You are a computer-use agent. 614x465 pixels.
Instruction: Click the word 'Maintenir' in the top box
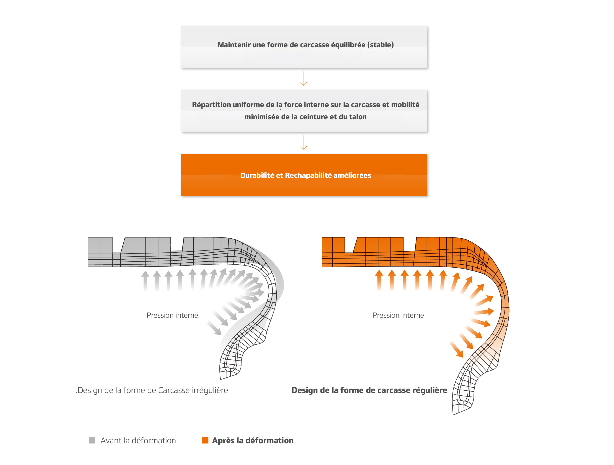(234, 45)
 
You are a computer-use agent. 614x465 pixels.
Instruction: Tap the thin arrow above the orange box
(304, 143)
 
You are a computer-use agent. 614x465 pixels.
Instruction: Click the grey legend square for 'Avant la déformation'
(91, 440)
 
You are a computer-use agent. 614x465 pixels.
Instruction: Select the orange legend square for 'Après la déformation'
(205, 440)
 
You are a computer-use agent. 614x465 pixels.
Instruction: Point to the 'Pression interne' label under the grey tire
(172, 315)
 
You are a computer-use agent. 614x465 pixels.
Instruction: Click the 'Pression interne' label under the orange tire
(398, 315)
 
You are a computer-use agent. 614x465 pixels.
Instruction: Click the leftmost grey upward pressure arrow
(145, 281)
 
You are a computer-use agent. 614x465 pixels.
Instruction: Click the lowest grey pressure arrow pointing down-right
(214, 328)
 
